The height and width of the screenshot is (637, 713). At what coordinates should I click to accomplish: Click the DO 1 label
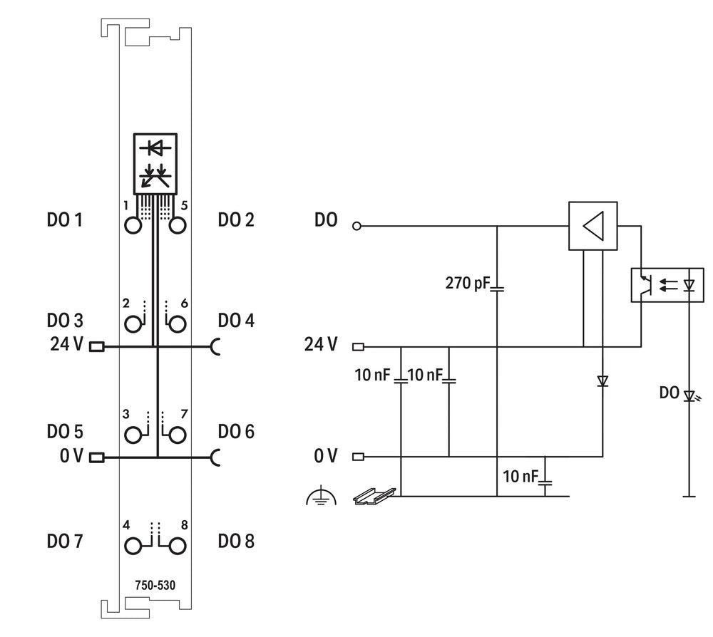(x=64, y=220)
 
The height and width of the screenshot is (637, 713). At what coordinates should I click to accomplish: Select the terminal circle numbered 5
(x=177, y=225)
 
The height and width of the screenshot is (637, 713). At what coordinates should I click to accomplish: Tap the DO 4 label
(x=236, y=321)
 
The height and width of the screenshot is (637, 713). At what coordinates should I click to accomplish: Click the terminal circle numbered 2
(x=133, y=325)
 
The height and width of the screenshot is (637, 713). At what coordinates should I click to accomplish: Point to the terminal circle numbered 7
(x=177, y=435)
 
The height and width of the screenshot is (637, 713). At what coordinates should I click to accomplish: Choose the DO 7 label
(x=64, y=542)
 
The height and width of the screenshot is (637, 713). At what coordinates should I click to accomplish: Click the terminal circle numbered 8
(x=177, y=546)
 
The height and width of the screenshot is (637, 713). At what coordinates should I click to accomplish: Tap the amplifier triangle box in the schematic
(x=593, y=227)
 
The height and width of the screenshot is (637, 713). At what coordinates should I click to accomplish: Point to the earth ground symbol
(x=320, y=497)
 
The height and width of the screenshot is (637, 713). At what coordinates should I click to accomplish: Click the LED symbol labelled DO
(x=689, y=395)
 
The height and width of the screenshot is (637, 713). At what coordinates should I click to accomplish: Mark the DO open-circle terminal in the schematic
(x=357, y=227)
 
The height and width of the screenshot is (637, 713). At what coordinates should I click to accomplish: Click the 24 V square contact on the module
(x=96, y=347)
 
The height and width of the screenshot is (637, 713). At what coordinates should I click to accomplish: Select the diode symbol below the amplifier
(x=602, y=381)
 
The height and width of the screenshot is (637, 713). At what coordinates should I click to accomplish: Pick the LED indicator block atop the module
(x=155, y=163)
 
